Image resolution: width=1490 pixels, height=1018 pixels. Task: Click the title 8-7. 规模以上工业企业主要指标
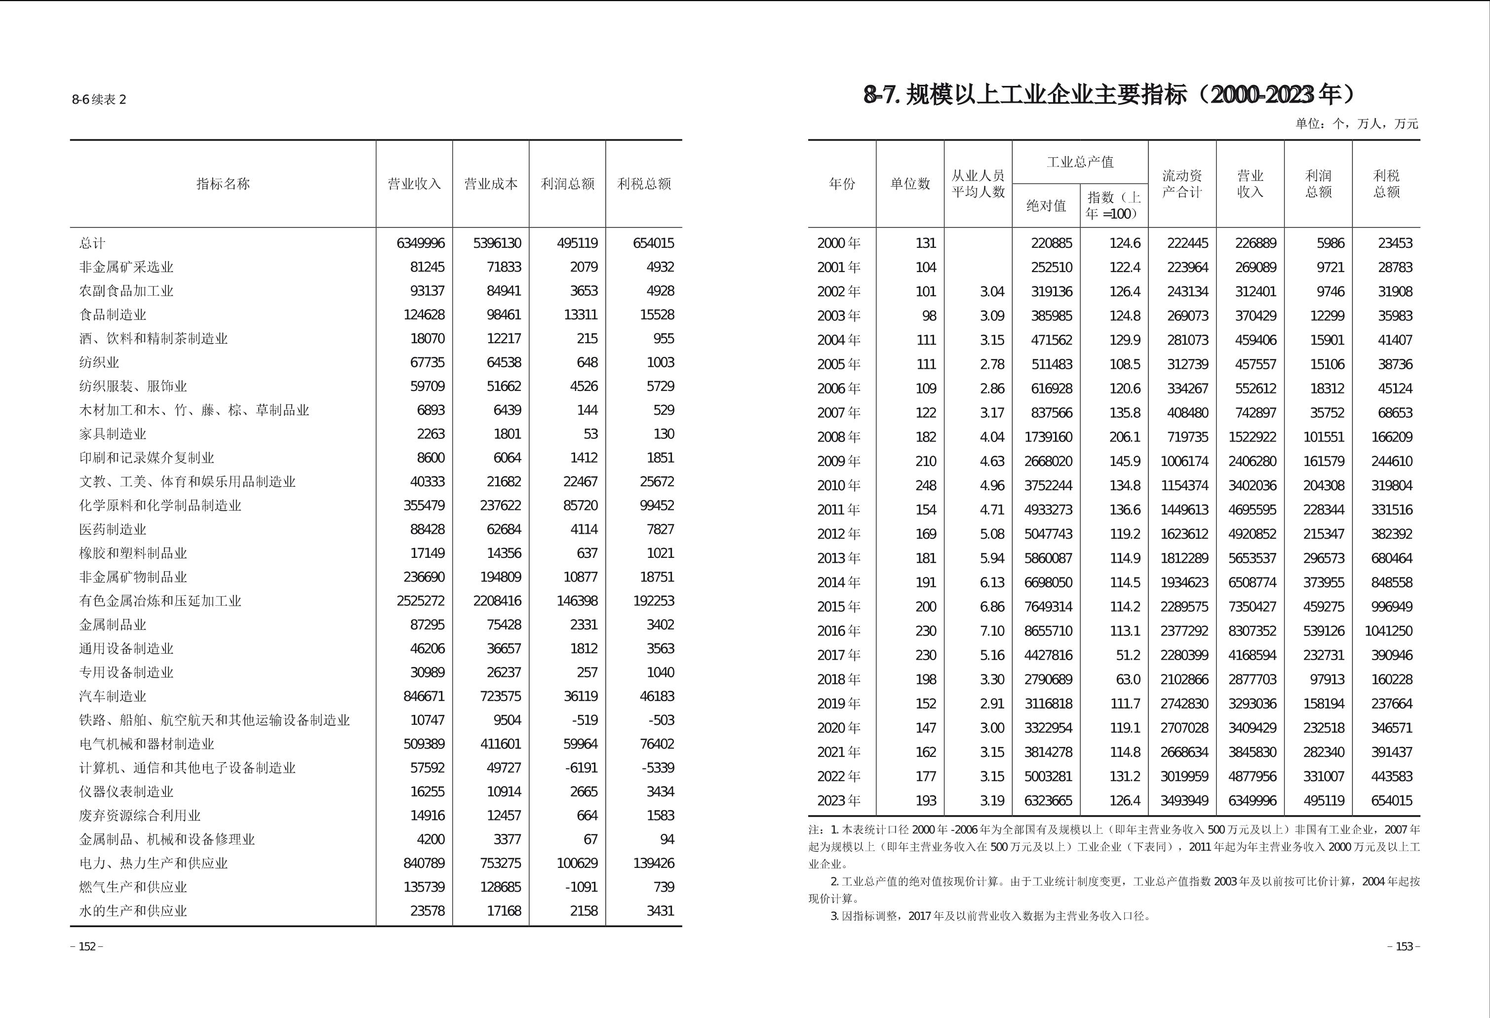(1109, 95)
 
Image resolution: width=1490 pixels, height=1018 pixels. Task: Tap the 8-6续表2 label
(99, 99)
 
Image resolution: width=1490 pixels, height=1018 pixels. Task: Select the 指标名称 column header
(223, 184)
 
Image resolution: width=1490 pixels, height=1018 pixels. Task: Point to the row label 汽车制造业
(113, 696)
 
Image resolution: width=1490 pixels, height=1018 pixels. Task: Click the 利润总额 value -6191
(584, 767)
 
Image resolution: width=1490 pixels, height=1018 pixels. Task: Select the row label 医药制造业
(113, 529)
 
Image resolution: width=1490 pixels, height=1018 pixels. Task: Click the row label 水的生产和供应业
(133, 910)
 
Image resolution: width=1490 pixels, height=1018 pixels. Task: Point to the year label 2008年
(839, 436)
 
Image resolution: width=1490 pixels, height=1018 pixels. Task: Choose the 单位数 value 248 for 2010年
(926, 485)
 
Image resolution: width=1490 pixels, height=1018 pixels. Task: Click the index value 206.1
(1125, 436)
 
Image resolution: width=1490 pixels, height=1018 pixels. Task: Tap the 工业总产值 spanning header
(1080, 162)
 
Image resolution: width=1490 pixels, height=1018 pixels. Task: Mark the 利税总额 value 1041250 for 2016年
(1388, 631)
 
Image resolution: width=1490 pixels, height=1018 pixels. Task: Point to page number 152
(86, 947)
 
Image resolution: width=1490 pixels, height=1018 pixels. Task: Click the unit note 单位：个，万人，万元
(1357, 124)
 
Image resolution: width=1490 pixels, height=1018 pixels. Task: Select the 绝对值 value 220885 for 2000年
(1052, 243)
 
